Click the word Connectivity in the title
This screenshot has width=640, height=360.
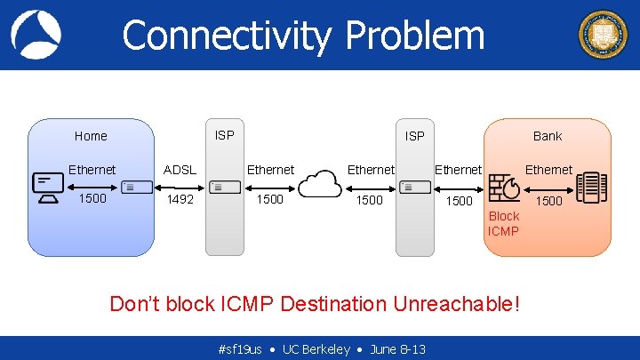click(x=228, y=36)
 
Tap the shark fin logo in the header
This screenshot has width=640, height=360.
click(x=36, y=35)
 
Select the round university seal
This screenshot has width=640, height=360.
click(x=603, y=35)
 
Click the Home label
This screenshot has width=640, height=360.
click(x=91, y=136)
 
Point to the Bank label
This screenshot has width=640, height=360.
click(x=548, y=136)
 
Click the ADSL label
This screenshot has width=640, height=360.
click(x=180, y=170)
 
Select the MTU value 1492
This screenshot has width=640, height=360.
click(x=180, y=199)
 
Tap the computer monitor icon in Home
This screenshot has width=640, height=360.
click(x=48, y=188)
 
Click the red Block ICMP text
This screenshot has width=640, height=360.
click(x=503, y=224)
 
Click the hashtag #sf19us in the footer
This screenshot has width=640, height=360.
click(x=239, y=349)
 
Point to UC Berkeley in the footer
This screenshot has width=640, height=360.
click(x=316, y=349)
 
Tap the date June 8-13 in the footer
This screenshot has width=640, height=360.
click(x=397, y=349)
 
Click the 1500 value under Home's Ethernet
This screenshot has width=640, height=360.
click(x=92, y=198)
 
